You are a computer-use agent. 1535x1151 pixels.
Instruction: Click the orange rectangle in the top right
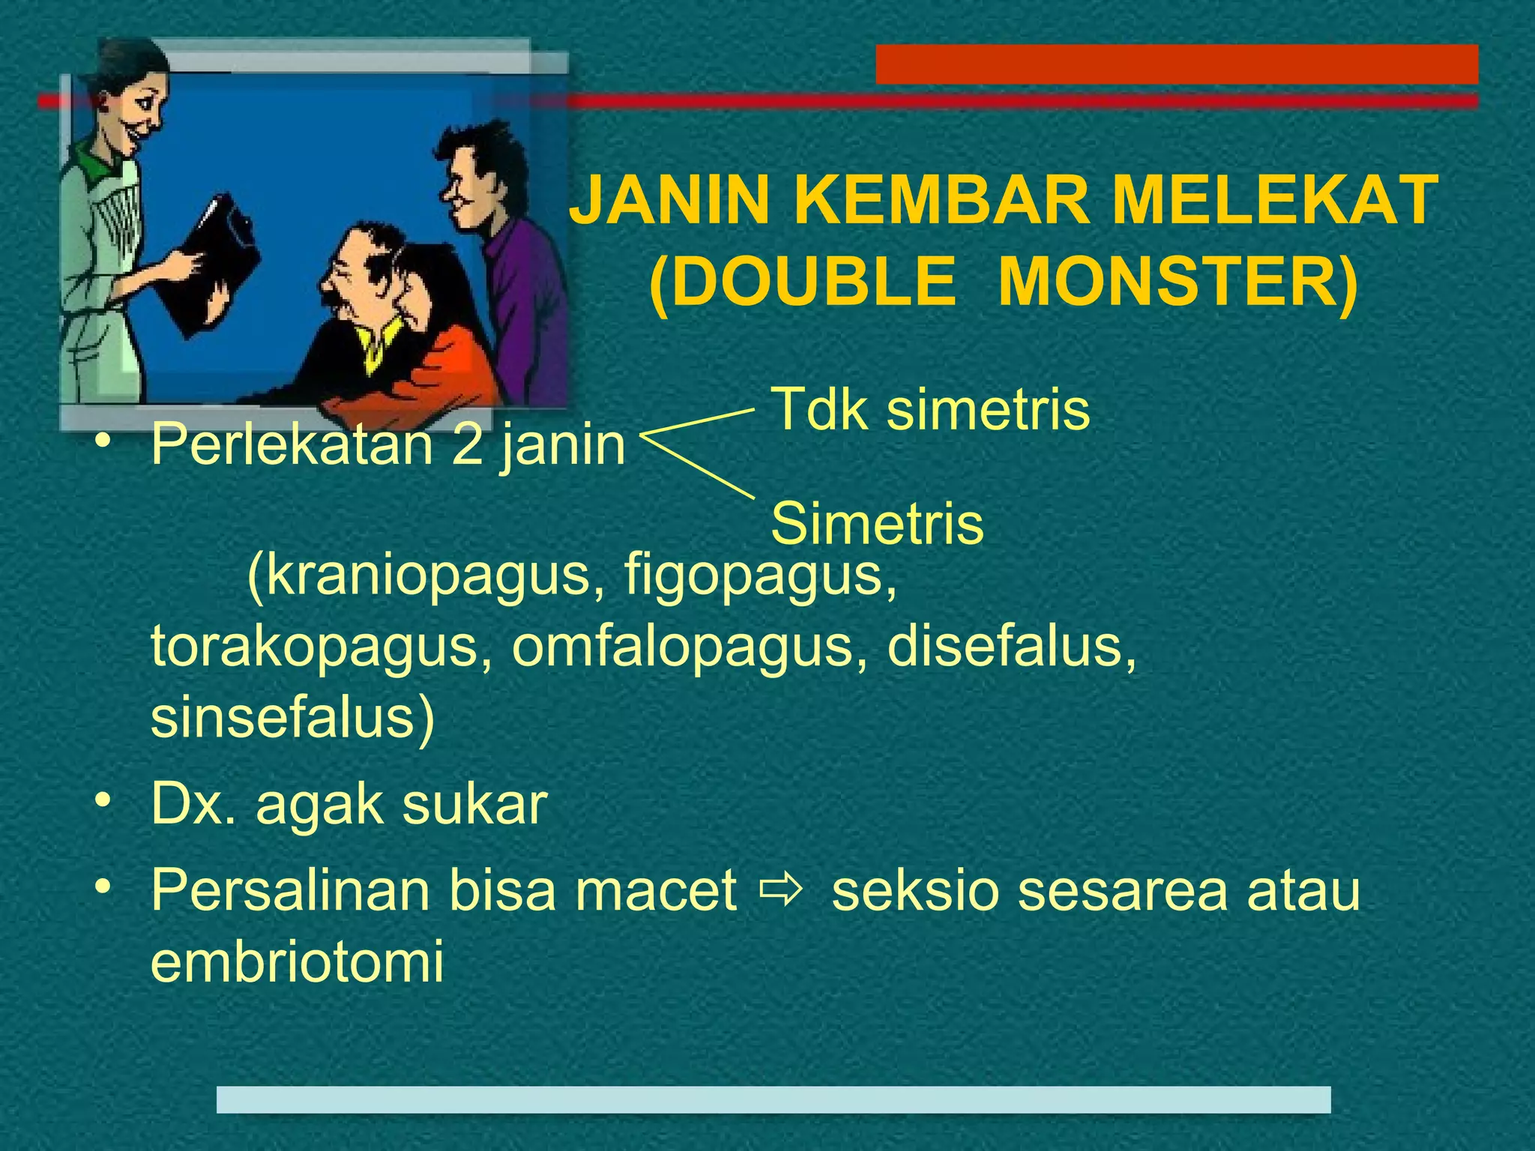pos(1177,64)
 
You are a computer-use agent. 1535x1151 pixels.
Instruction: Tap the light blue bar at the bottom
pos(773,1099)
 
